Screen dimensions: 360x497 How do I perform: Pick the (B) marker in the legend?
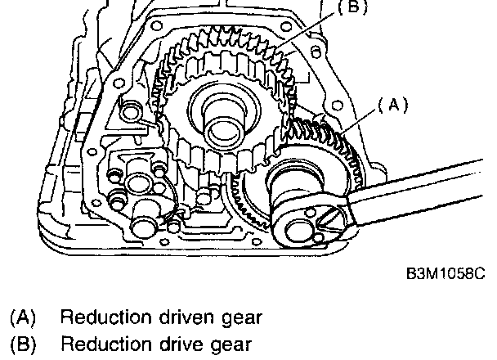pos(23,344)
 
